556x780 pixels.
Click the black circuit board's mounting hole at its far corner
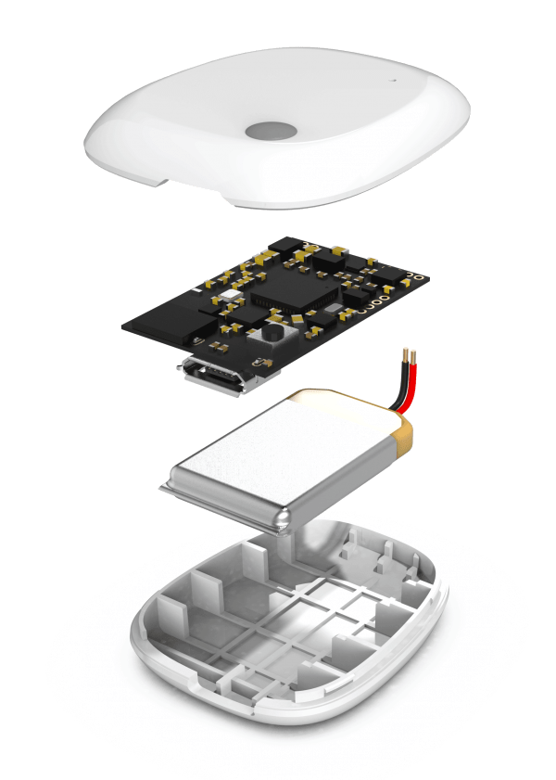418,276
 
